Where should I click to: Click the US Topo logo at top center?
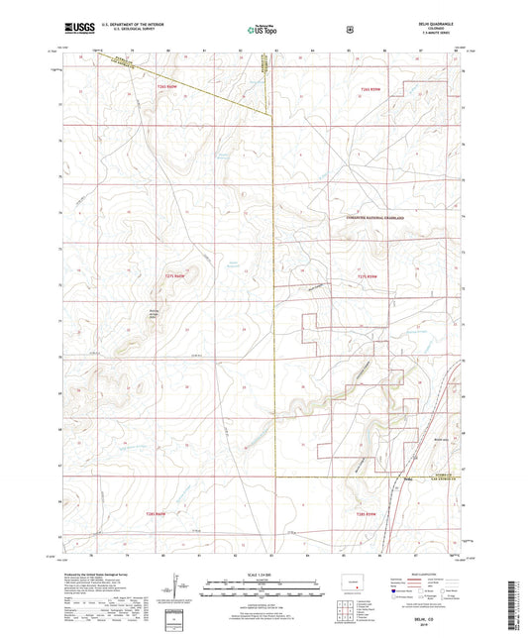(263, 30)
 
